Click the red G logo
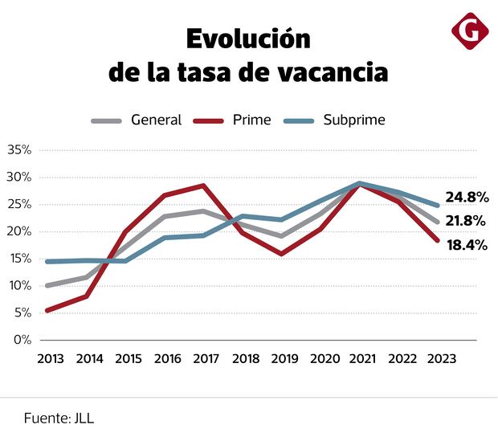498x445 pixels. point(470,31)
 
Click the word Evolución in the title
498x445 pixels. point(248,39)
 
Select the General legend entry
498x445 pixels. point(156,120)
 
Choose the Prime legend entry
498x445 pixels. point(251,120)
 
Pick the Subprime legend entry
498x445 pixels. point(353,120)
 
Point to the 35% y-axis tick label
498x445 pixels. point(18,150)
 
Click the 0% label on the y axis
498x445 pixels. point(22,340)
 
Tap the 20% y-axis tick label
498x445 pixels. point(18,231)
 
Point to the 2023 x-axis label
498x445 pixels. point(436,360)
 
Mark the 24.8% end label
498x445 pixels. point(467,198)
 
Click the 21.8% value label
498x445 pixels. point(467,220)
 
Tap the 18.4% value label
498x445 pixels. point(467,245)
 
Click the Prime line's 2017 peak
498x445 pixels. point(204,186)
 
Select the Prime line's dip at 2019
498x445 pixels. point(281,254)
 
